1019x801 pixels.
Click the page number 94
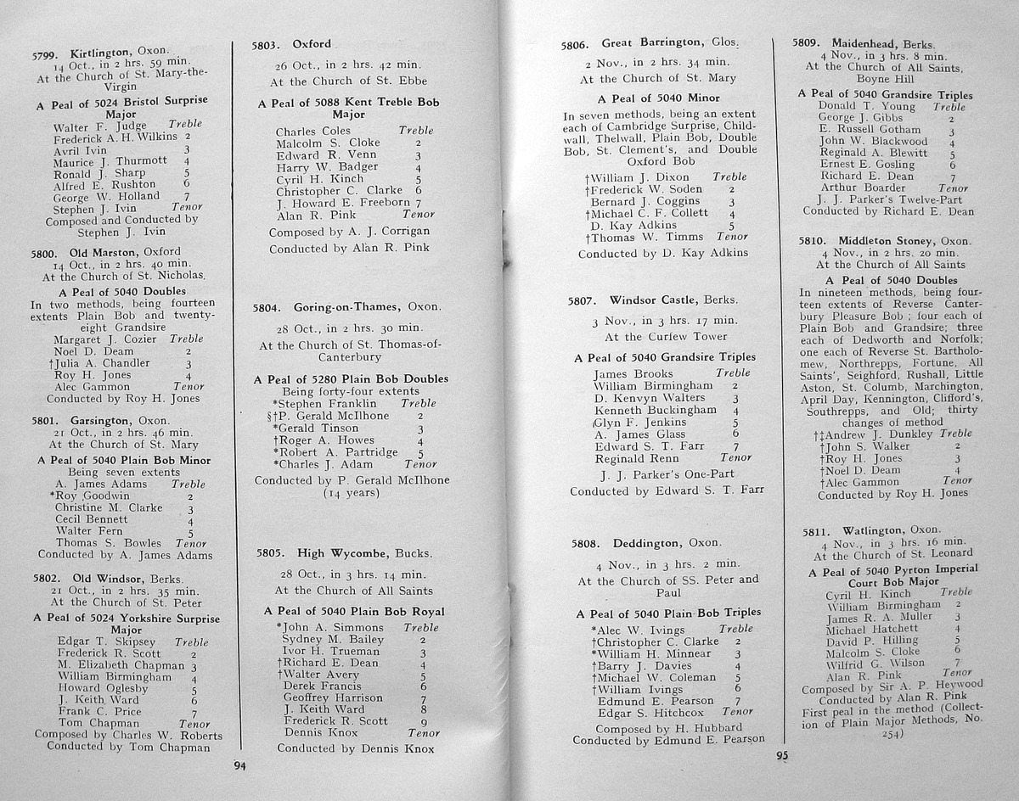(x=239, y=766)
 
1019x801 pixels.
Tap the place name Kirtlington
(x=103, y=53)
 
